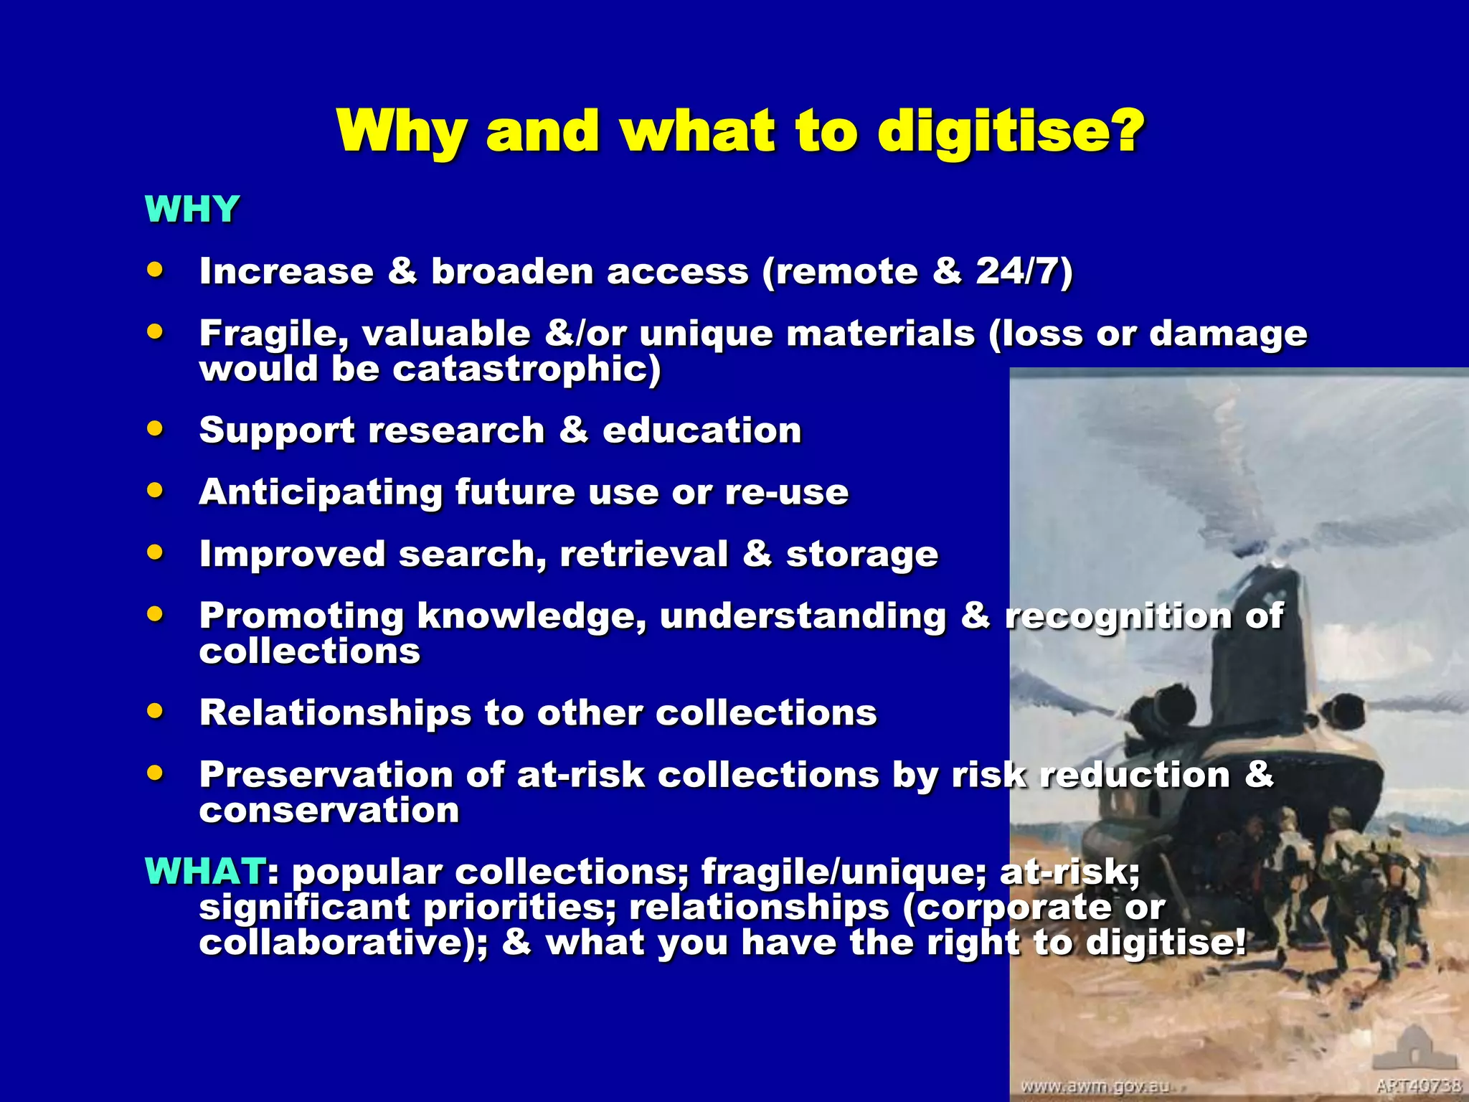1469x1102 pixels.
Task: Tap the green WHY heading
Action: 192,209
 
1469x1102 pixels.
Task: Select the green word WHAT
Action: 205,871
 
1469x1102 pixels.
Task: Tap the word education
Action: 702,430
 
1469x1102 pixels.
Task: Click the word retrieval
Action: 643,555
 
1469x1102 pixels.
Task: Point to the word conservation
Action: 329,811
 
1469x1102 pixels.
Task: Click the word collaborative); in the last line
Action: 344,943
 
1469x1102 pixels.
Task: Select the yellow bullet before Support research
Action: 155,429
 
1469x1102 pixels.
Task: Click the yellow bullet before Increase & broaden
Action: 155,270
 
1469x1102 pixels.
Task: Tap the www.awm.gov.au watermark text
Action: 1095,1086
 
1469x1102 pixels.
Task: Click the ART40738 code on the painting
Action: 1418,1085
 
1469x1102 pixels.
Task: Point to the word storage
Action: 862,555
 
